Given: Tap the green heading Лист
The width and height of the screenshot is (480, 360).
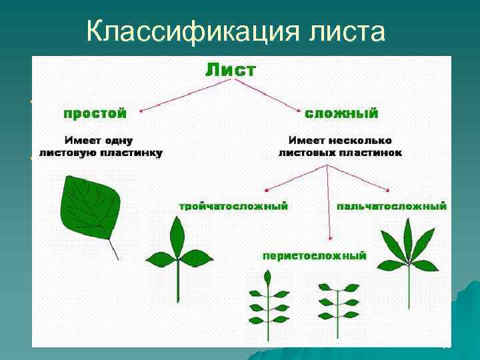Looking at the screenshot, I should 229,69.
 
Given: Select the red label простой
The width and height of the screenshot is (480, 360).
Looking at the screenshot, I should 95,113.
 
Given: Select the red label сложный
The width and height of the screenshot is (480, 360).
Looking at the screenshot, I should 341,113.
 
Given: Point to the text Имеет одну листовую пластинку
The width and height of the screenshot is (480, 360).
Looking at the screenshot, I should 101,147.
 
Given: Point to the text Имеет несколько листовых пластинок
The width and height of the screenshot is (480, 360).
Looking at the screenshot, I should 340,147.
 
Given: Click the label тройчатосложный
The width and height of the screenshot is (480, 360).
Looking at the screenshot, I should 233,206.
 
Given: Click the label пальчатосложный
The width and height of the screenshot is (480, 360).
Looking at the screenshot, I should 392,206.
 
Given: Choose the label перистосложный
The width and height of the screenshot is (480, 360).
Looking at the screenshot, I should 314,255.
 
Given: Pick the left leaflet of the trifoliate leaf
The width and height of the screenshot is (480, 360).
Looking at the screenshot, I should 160,259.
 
